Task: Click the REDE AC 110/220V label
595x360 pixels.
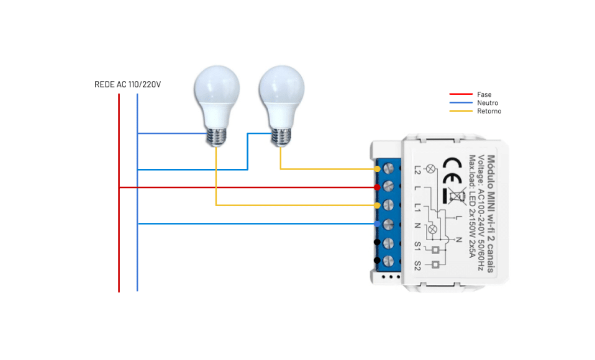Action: tap(127, 84)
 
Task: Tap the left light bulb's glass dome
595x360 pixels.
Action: tap(216, 90)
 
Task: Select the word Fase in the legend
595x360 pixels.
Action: tap(484, 95)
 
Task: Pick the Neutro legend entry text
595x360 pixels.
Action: tap(488, 103)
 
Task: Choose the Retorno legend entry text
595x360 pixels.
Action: tap(489, 111)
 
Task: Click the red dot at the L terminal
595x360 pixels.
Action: tap(377, 187)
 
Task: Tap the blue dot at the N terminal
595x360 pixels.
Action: tap(377, 223)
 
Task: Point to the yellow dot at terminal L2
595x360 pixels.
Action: tap(377, 169)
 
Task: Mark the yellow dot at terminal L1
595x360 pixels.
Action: tap(377, 205)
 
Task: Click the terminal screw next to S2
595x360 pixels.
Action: tap(389, 261)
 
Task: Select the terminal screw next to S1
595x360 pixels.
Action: tap(389, 242)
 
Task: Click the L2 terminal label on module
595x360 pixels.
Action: tap(417, 168)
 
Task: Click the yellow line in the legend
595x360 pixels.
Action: tap(460, 111)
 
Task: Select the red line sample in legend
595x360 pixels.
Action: tap(460, 95)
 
